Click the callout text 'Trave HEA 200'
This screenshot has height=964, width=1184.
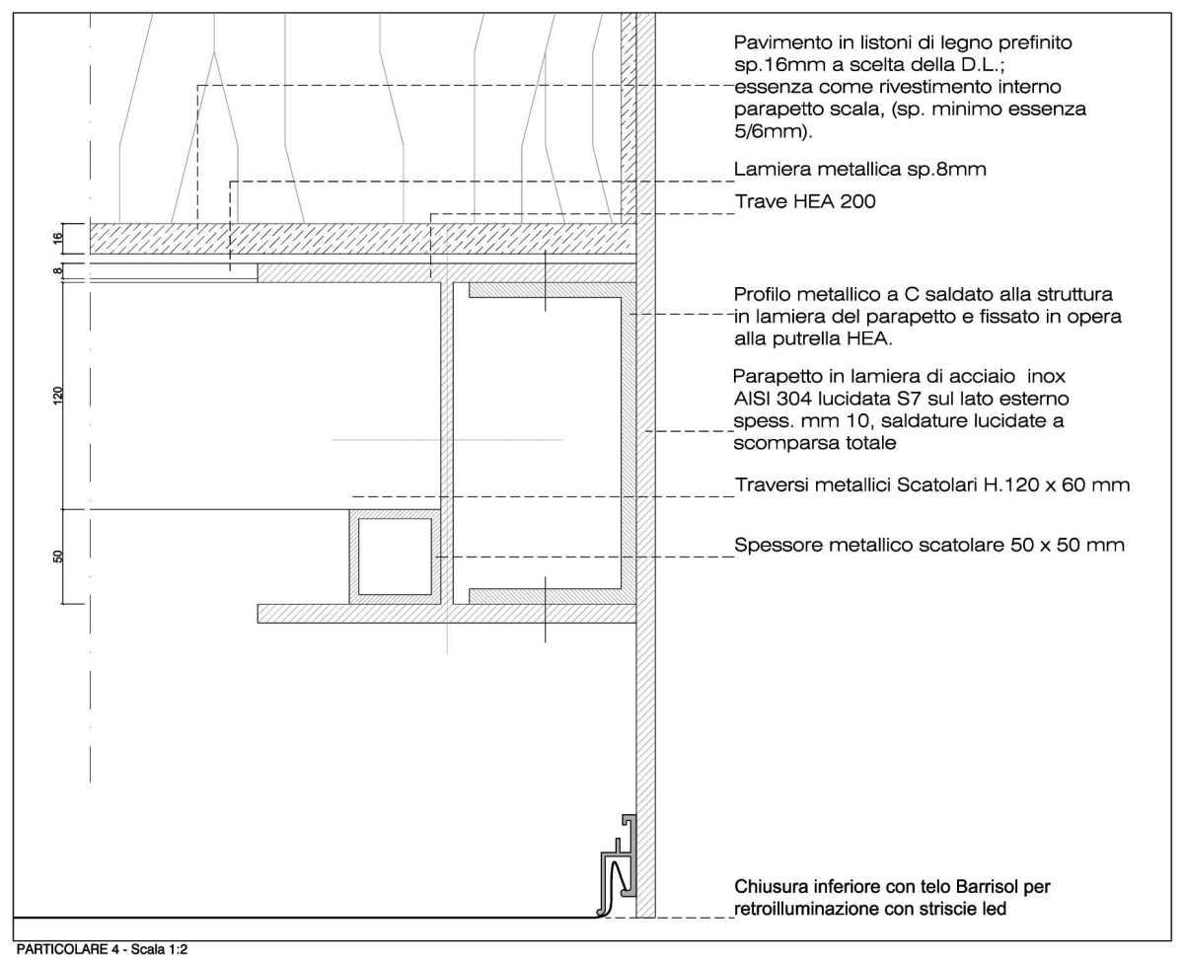(805, 201)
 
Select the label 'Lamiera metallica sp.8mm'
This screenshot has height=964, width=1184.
(860, 170)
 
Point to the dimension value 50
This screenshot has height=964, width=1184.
(58, 556)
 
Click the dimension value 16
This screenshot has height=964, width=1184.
(58, 237)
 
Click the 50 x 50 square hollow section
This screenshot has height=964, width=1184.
(395, 556)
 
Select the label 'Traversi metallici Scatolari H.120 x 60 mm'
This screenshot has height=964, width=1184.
(932, 485)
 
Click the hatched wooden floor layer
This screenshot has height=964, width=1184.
(355, 238)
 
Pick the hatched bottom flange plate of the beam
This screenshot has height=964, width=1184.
(444, 613)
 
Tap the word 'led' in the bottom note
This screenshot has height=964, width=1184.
(992, 909)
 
